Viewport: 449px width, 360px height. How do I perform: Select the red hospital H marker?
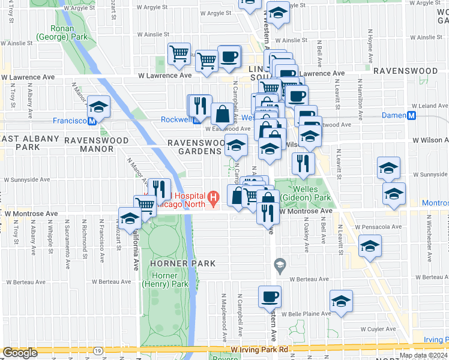click(212, 197)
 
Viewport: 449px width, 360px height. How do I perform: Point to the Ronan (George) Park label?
click(55, 32)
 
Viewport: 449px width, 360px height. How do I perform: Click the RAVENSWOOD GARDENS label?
click(194, 147)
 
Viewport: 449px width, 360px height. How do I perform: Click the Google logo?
click(20, 353)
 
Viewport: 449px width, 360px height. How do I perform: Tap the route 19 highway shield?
click(97, 349)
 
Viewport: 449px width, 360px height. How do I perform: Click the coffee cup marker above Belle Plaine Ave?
click(270, 296)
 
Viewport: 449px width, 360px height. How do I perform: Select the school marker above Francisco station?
click(98, 107)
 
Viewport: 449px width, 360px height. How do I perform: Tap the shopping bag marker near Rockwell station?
click(222, 113)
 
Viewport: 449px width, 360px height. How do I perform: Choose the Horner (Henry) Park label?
click(165, 280)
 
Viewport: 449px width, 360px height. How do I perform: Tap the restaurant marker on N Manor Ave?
click(158, 190)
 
